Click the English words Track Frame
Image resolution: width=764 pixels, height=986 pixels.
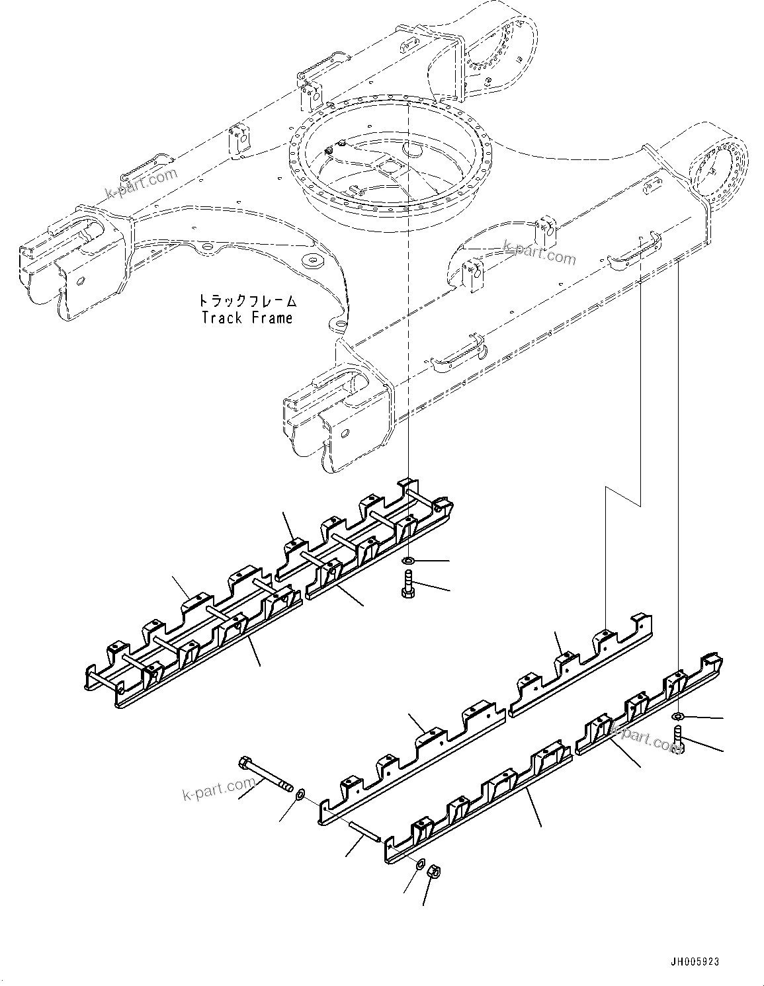247,318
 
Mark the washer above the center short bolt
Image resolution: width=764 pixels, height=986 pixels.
409,561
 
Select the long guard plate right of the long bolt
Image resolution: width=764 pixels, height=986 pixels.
410,760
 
